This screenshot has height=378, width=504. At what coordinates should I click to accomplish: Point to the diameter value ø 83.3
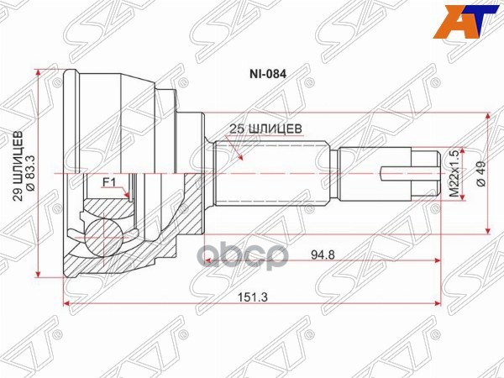(x=30, y=172)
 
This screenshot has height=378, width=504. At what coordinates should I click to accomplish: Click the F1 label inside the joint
(x=108, y=181)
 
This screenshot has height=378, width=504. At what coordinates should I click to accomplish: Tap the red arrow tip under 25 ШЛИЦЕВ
(x=241, y=158)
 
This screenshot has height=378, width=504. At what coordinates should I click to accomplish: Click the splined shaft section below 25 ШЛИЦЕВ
(x=269, y=173)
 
